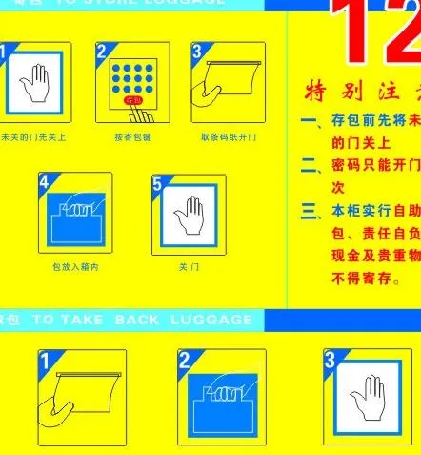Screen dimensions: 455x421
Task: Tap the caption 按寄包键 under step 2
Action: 132,137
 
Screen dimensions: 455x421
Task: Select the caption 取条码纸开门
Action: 229,137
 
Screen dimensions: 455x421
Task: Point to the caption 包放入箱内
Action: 75,267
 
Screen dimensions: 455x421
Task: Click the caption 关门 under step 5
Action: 190,267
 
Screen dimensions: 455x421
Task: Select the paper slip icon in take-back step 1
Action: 84,393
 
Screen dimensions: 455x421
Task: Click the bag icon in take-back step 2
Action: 222,395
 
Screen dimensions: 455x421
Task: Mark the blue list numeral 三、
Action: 311,211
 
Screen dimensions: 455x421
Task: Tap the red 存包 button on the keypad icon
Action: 132,99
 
